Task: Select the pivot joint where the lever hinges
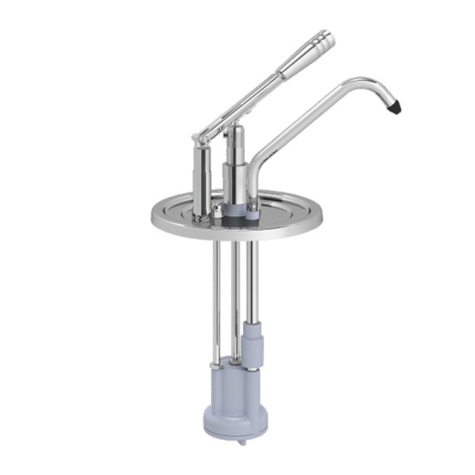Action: (x=203, y=135)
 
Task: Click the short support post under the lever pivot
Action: (x=201, y=174)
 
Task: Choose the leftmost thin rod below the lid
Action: (x=215, y=293)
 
